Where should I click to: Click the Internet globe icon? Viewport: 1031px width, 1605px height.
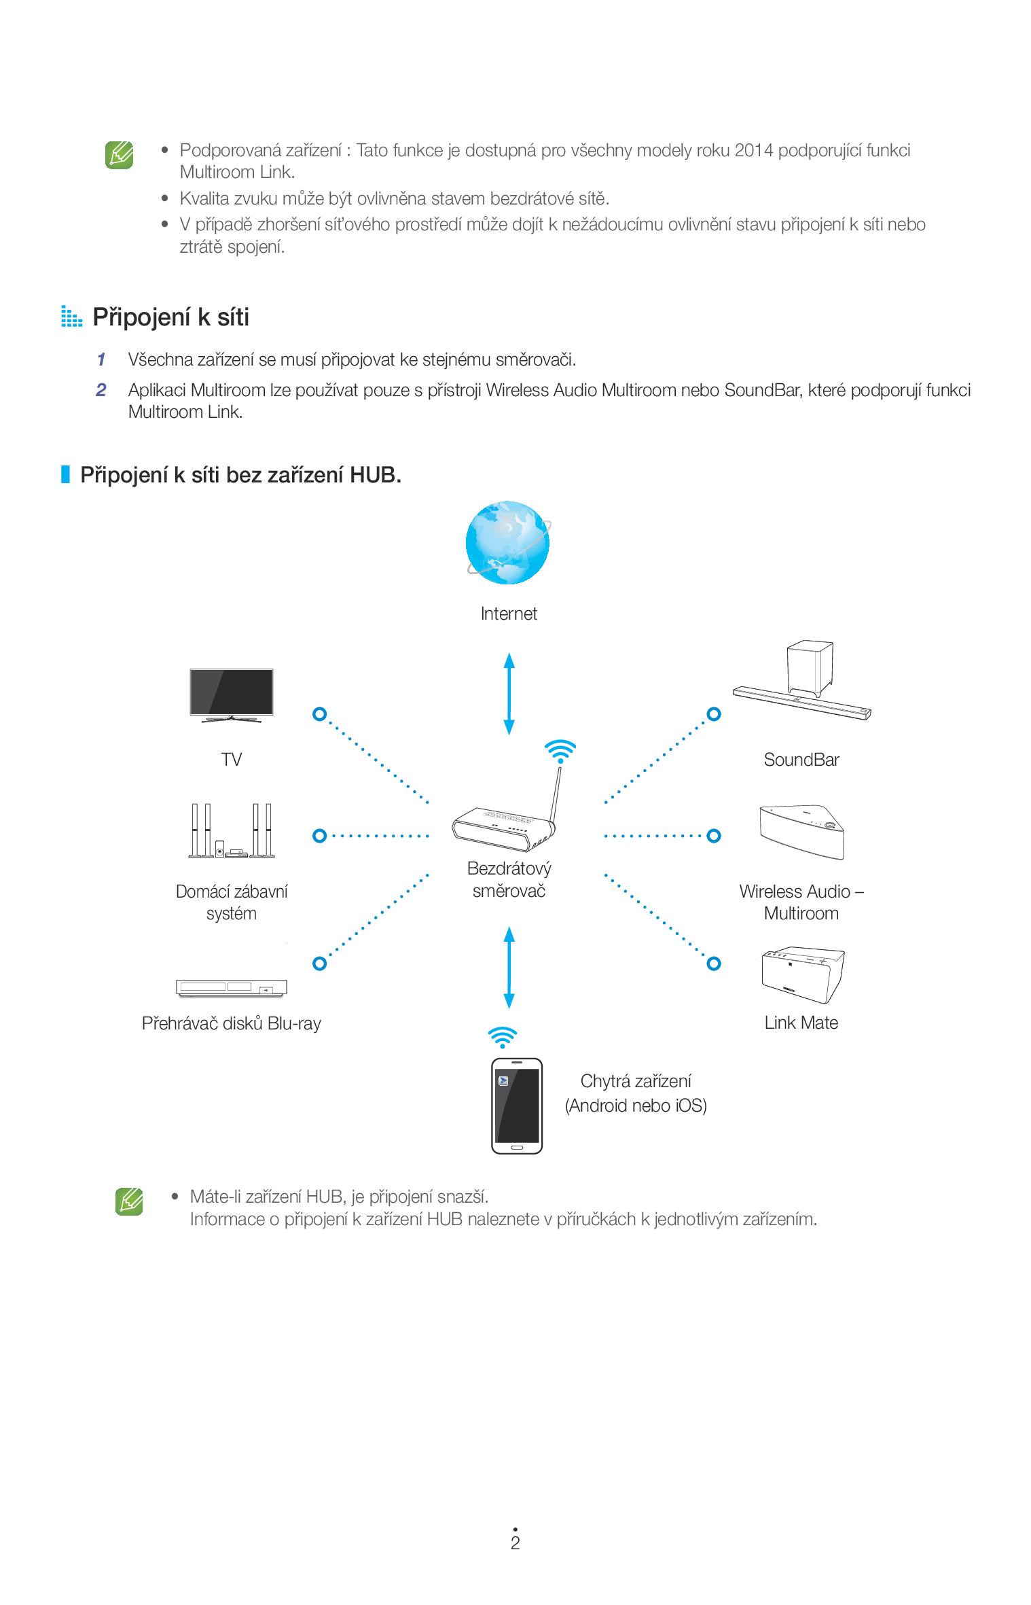point(507,542)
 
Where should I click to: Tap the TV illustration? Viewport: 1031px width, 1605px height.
point(232,693)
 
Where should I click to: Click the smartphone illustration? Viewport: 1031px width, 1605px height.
point(517,1105)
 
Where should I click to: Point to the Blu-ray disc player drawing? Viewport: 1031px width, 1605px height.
point(232,987)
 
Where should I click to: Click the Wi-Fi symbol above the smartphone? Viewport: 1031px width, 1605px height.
point(503,1037)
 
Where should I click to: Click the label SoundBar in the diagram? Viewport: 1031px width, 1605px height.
point(801,760)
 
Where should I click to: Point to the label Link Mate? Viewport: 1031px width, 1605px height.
point(801,1023)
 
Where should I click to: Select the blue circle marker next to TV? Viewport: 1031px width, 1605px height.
point(319,714)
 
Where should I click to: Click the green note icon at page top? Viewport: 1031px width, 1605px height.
point(119,155)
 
